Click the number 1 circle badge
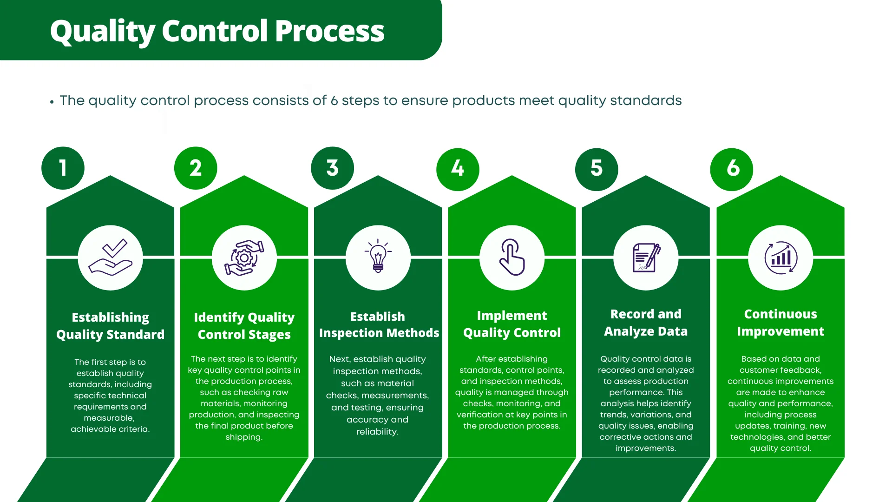[63, 168]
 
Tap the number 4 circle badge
[458, 169]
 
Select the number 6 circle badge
[732, 169]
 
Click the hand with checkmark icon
[111, 258]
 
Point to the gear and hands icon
[244, 258]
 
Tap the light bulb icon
[378, 257]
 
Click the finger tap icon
[512, 258]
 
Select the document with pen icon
[646, 258]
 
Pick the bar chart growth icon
[780, 258]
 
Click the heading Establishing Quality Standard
[111, 326]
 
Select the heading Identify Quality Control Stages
[244, 326]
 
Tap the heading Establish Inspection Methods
[378, 324]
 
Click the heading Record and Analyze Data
[646, 323]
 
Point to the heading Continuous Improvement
[780, 323]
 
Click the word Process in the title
[329, 31]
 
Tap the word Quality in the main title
[102, 31]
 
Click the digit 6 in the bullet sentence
[334, 101]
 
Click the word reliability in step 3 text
[376, 432]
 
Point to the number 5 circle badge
[597, 169]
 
